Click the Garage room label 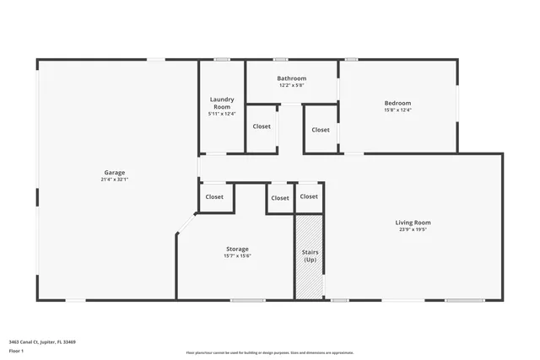(x=115, y=172)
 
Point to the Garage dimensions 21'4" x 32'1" (x=115, y=180)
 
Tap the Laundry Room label (x=222, y=103)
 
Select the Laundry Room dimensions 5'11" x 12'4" (x=222, y=114)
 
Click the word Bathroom (x=291, y=78)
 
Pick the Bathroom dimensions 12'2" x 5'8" (x=291, y=85)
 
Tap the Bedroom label (x=397, y=103)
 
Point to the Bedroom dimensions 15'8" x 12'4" (x=397, y=110)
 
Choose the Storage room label (x=237, y=249)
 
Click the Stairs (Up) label (x=309, y=255)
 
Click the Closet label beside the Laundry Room (x=262, y=126)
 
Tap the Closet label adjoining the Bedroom (x=321, y=130)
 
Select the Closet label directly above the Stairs (x=309, y=196)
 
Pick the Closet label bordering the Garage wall (x=214, y=196)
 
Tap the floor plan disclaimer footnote (x=269, y=353)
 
